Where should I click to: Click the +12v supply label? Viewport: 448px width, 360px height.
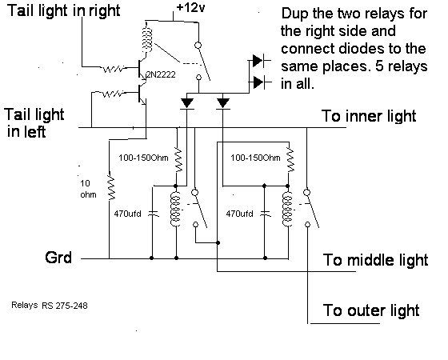(x=190, y=8)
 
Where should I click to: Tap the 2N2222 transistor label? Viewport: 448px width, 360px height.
(x=161, y=74)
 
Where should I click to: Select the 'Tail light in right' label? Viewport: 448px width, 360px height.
(x=63, y=10)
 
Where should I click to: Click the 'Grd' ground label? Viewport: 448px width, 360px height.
(x=58, y=258)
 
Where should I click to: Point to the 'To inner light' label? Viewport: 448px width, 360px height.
(x=369, y=116)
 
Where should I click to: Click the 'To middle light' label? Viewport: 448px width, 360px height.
(x=375, y=260)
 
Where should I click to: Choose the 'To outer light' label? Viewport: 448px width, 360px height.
(x=371, y=310)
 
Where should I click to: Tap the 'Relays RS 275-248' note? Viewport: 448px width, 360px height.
(x=50, y=305)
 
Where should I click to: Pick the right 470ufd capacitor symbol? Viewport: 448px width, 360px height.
(x=265, y=214)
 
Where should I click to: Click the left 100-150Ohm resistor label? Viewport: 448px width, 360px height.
(x=143, y=158)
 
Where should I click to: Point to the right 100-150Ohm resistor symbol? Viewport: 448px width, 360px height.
(x=290, y=159)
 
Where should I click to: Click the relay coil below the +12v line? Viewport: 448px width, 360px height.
(x=147, y=40)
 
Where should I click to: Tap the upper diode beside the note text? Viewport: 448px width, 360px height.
(x=258, y=61)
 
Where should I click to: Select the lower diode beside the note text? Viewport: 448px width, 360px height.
(x=258, y=83)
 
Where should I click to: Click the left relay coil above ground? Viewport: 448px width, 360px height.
(x=175, y=210)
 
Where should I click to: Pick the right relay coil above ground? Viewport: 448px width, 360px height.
(x=287, y=210)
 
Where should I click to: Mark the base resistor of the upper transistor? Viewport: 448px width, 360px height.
(x=113, y=69)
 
